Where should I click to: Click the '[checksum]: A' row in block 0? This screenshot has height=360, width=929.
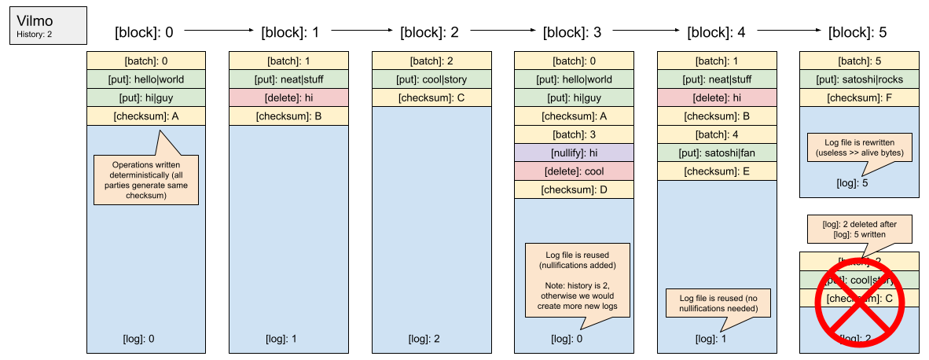point(146,116)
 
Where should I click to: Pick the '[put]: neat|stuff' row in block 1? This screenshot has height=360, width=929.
point(288,79)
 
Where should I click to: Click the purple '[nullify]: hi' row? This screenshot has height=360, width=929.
point(574,152)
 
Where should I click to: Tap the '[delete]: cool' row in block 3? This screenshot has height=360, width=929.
point(574,170)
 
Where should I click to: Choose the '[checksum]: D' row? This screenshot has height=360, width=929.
point(574,189)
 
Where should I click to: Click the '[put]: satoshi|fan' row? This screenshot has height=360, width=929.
point(717,152)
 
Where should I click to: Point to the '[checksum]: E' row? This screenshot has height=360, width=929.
point(717,170)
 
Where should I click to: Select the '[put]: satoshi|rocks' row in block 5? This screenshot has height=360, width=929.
point(859,79)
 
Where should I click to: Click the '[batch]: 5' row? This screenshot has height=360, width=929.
point(859,61)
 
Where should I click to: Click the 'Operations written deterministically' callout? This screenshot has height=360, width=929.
point(145,179)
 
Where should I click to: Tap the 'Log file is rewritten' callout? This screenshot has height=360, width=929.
point(859,147)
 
